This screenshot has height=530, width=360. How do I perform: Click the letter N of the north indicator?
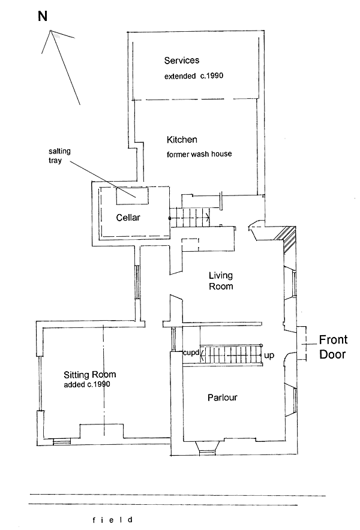click(43, 16)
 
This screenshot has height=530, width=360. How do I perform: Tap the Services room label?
click(181, 61)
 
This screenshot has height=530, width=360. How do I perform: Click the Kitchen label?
click(182, 140)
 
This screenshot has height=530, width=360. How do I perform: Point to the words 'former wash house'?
click(199, 154)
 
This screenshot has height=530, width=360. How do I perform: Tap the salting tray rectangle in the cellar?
click(133, 193)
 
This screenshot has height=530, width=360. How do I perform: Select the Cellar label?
click(127, 218)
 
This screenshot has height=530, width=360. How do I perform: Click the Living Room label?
click(220, 281)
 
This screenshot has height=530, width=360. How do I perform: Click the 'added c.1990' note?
click(86, 385)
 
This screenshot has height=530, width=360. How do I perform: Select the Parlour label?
click(223, 397)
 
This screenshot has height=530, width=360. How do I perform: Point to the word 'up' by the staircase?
click(269, 356)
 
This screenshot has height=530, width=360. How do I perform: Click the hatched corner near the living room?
click(287, 240)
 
